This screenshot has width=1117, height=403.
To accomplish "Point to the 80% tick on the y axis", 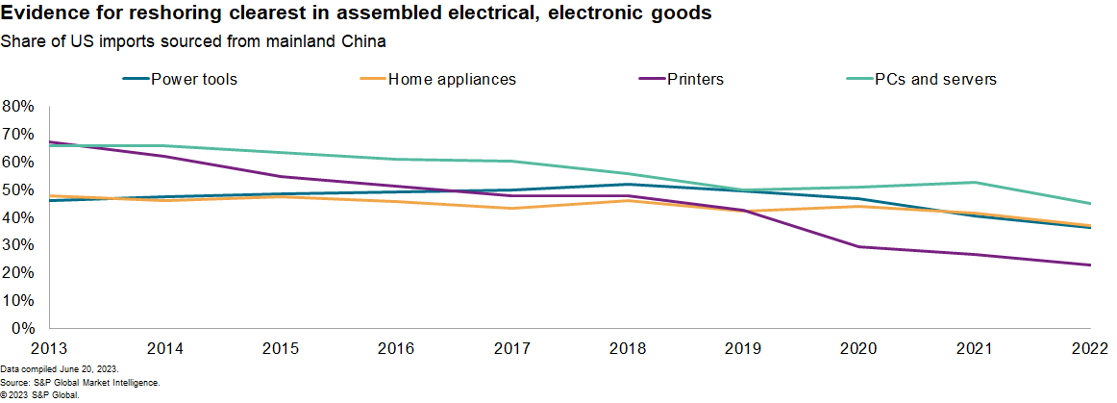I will click(19, 106).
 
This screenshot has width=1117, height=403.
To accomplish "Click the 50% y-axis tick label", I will click(19, 189).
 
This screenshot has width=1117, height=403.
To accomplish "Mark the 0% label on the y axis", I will click(23, 329).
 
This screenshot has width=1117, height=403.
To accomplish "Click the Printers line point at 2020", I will click(858, 247).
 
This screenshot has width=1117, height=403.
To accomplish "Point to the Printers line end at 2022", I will click(1090, 265).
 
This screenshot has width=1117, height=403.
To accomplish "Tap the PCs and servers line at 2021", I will click(975, 183).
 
